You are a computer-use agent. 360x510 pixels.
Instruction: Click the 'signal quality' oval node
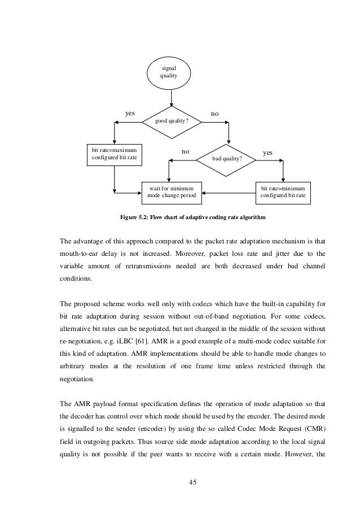pos(168,72)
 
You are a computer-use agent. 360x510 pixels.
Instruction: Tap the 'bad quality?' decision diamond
pos(227,159)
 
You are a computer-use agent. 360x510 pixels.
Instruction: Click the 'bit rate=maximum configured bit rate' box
pos(114,154)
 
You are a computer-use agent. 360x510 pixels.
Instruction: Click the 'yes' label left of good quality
pos(129,114)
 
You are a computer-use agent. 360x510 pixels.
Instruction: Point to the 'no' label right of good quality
pos(215,114)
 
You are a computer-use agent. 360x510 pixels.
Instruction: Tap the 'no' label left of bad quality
pos(185,152)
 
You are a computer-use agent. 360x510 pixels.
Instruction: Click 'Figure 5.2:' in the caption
pos(135,217)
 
